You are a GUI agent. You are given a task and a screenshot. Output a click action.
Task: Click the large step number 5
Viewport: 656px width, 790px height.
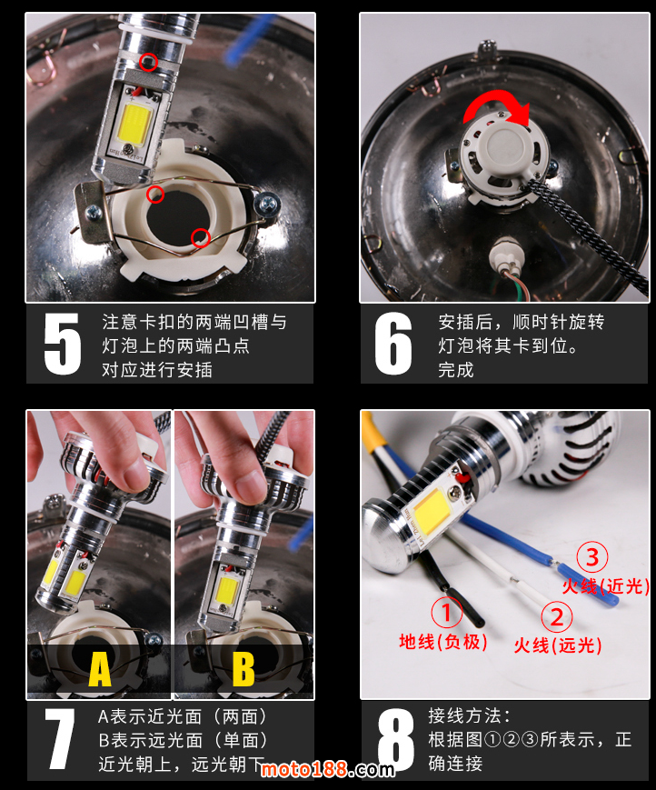pyautogui.click(x=63, y=344)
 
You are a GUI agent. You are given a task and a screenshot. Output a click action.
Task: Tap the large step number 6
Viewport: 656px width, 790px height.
pyautogui.click(x=393, y=344)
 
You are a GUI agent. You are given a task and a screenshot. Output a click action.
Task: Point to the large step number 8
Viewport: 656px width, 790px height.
pyautogui.click(x=396, y=740)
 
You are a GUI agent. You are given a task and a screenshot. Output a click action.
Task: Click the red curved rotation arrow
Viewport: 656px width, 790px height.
pyautogui.click(x=496, y=98)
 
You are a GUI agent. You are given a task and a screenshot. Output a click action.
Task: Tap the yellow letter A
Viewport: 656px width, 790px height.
pyautogui.click(x=100, y=669)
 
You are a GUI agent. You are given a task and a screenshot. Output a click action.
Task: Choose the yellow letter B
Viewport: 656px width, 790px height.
pyautogui.click(x=244, y=669)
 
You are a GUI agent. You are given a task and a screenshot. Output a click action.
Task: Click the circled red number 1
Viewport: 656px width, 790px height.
pyautogui.click(x=446, y=612)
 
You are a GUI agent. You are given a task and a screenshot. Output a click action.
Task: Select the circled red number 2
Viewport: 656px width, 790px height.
pyautogui.click(x=556, y=616)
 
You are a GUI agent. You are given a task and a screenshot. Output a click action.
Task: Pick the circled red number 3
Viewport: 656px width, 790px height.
pyautogui.click(x=592, y=556)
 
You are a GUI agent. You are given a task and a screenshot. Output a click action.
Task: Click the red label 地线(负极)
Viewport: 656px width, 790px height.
pyautogui.click(x=443, y=642)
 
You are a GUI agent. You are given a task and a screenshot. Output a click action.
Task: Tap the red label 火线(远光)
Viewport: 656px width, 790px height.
pyautogui.click(x=558, y=645)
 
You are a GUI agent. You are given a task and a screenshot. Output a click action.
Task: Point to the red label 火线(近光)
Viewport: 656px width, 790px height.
pyautogui.click(x=606, y=586)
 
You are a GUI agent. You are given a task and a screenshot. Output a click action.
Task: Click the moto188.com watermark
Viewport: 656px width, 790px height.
pyautogui.click(x=328, y=769)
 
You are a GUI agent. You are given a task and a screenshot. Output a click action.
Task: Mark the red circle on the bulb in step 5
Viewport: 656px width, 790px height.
pyautogui.click(x=148, y=62)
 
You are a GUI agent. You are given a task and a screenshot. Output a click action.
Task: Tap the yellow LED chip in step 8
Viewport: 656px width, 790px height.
pyautogui.click(x=432, y=510)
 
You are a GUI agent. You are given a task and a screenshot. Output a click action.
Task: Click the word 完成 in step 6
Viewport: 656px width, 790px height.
pyautogui.click(x=456, y=370)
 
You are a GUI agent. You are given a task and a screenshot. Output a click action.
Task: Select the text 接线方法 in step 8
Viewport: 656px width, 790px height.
pyautogui.click(x=464, y=716)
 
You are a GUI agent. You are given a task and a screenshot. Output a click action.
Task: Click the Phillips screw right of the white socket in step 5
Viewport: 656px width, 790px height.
pyautogui.click(x=267, y=203)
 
